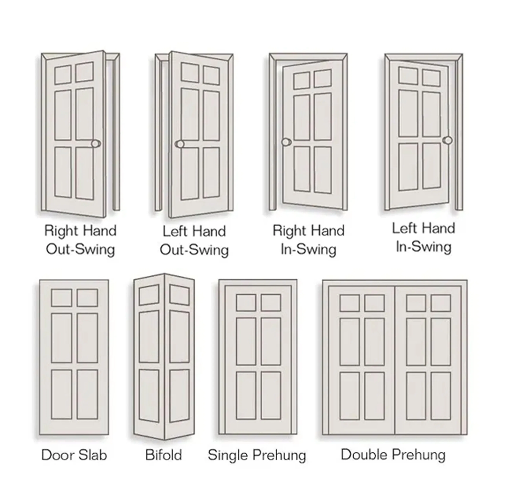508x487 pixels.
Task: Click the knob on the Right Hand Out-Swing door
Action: coord(96,144)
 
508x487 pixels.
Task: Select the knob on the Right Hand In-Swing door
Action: coord(286,142)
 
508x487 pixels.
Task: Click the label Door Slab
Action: coord(74,455)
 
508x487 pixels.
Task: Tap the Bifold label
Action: coord(164,455)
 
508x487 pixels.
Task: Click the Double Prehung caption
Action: coord(393,455)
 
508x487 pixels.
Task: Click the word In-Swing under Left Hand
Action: coord(424,247)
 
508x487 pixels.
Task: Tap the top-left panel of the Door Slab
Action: coord(61,298)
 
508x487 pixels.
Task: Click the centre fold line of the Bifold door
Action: coord(164,357)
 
